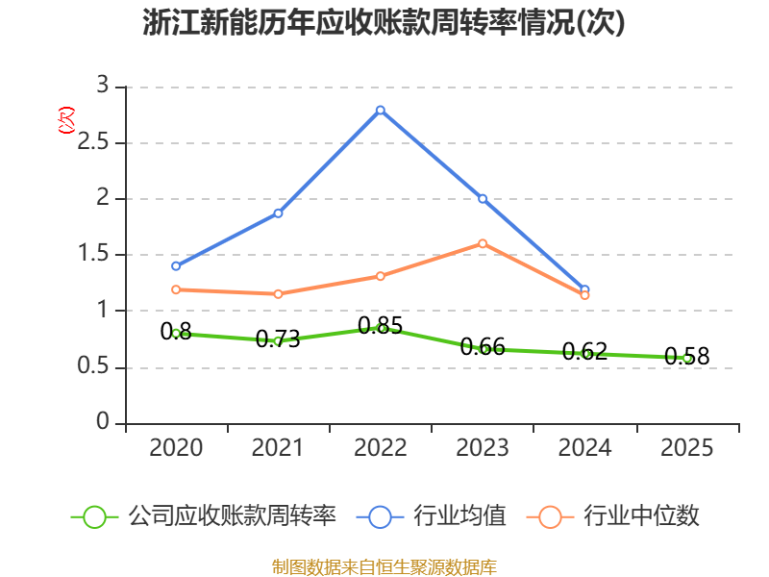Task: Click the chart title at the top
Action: [384, 22]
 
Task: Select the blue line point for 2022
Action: [381, 111]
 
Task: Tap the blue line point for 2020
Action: [176, 266]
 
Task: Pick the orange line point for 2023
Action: [483, 244]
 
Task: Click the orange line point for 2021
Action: [278, 294]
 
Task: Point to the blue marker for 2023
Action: [483, 199]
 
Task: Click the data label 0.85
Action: [381, 326]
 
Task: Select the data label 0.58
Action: [687, 356]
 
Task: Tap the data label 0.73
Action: [278, 339]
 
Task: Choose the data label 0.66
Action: [483, 347]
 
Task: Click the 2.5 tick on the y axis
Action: [93, 142]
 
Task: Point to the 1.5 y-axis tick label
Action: [93, 254]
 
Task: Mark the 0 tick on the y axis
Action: [103, 422]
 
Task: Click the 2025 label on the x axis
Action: [686, 448]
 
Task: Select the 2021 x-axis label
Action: [278, 448]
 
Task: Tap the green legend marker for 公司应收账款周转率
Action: [94, 517]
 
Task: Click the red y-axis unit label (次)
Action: [66, 120]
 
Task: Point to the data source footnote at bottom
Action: [384, 566]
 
